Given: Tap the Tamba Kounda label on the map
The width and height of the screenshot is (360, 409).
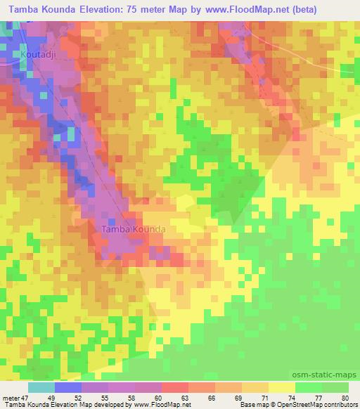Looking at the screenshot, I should pos(134,230).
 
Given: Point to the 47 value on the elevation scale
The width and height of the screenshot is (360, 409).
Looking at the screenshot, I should pos(30,397).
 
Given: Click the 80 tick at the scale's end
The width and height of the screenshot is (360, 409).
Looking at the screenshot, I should pos(345,397).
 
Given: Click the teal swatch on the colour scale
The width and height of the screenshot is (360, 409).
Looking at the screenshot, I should pos(41,387).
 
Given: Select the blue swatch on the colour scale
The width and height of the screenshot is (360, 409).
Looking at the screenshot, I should pos(68,387).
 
